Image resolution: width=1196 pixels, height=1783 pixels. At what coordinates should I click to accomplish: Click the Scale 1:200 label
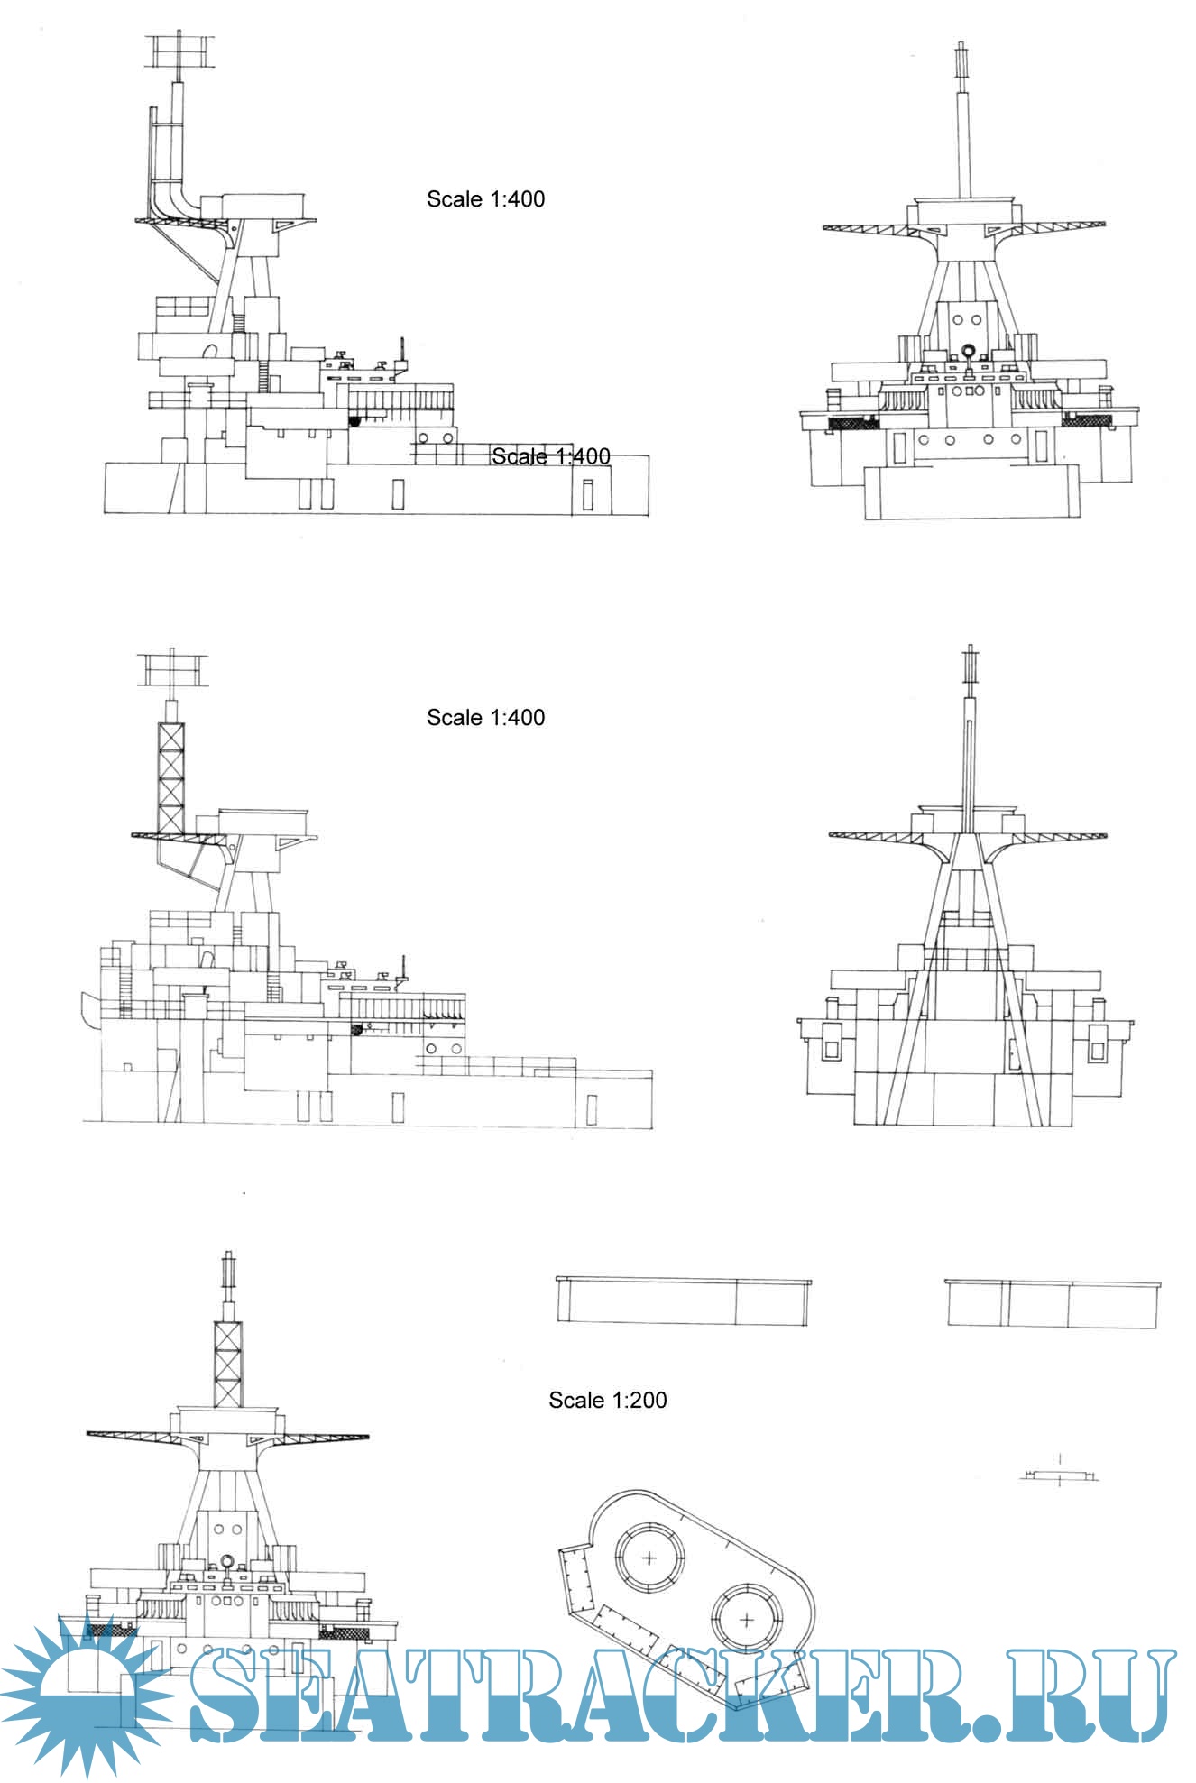607,1400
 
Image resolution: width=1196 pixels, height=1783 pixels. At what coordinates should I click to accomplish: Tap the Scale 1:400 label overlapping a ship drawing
550,456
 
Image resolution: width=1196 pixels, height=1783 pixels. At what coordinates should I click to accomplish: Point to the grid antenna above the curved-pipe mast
180,52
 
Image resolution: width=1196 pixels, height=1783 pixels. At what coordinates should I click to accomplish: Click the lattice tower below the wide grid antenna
170,777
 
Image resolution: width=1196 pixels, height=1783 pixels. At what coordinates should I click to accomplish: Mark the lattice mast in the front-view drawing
227,1362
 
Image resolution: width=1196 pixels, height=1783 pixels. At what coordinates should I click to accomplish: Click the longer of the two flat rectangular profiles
683,1300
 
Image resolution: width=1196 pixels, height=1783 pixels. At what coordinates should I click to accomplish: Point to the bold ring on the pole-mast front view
969,352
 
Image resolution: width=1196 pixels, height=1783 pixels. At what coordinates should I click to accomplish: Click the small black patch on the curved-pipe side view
354,420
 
